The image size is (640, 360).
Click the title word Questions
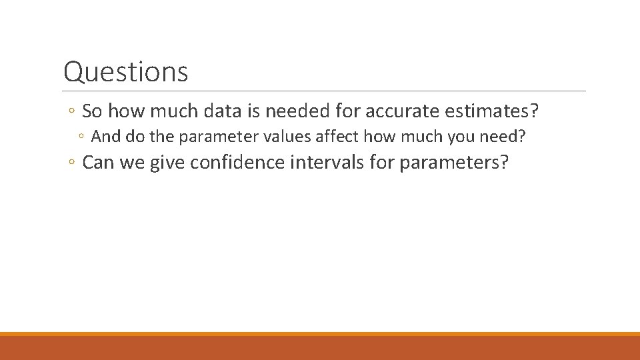pyautogui.click(x=125, y=71)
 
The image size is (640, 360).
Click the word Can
pyautogui.click(x=97, y=163)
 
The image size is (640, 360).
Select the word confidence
pyautogui.click(x=237, y=163)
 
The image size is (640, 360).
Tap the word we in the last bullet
pyautogui.click(x=132, y=163)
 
